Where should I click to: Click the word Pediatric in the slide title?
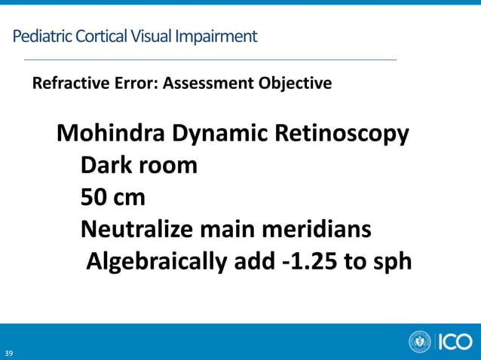coord(38,35)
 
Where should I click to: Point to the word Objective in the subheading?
coord(297,83)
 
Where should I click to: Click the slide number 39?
coord(10,352)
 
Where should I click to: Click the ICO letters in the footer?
coord(455,342)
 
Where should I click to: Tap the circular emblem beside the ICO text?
coord(419,342)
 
